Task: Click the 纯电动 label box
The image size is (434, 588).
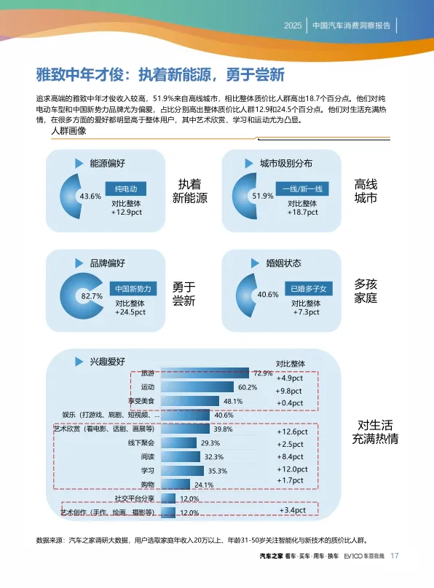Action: pos(126,188)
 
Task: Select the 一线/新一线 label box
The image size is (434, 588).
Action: pos(302,188)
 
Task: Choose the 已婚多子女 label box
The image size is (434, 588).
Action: pos(309,288)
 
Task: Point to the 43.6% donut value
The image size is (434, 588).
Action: pos(90,196)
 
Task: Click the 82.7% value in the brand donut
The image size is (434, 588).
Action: pos(92,296)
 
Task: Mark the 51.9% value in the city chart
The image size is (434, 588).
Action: pos(263,196)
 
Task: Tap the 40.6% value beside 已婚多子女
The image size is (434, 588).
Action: pos(268,295)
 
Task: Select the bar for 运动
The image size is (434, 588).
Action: pos(197,387)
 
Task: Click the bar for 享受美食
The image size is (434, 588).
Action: pos(190,401)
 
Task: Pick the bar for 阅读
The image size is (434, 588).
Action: pos(181,456)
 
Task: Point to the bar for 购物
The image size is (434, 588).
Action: pos(175,484)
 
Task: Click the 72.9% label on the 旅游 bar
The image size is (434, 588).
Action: pos(263,373)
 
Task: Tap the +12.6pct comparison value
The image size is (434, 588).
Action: pos(292,432)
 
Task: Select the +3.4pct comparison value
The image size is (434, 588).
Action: pos(293,510)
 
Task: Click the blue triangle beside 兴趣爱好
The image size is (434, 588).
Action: pos(79,362)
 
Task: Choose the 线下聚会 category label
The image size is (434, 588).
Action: pos(141,443)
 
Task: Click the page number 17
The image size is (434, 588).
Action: pos(394,556)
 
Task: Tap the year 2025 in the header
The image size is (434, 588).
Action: pos(293,25)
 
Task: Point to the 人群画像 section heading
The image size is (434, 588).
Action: pos(68,130)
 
